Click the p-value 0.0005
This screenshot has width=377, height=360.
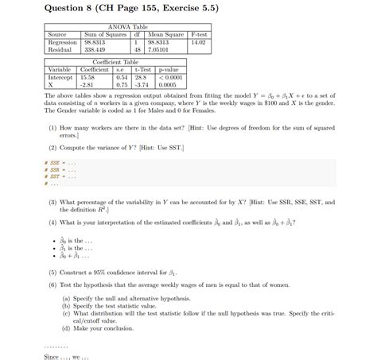(167, 83)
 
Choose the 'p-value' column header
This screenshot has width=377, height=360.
(167, 69)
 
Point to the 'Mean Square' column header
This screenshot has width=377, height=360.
(165, 34)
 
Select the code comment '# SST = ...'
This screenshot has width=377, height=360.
(60, 176)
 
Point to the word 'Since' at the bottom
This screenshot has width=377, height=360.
(52, 355)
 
